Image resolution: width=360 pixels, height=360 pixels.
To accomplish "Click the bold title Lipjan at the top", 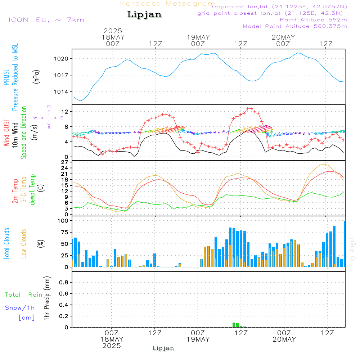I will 144,15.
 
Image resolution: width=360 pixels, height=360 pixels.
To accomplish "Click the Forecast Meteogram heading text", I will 168,4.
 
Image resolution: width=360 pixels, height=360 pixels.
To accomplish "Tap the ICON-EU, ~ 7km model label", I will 46,20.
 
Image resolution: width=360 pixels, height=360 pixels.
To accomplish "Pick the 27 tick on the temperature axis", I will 65,162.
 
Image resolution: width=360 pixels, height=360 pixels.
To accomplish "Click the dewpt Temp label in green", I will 33,190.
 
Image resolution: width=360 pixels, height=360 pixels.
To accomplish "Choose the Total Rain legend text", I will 24,295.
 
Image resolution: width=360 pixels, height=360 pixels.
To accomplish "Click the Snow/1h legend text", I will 20,308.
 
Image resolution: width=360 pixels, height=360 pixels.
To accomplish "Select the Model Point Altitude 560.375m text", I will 295,26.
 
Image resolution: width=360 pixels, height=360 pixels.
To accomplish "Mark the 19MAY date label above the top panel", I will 198,37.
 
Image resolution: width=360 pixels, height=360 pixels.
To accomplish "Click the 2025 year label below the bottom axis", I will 112,346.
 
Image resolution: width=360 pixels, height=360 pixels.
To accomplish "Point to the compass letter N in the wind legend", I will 49,106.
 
